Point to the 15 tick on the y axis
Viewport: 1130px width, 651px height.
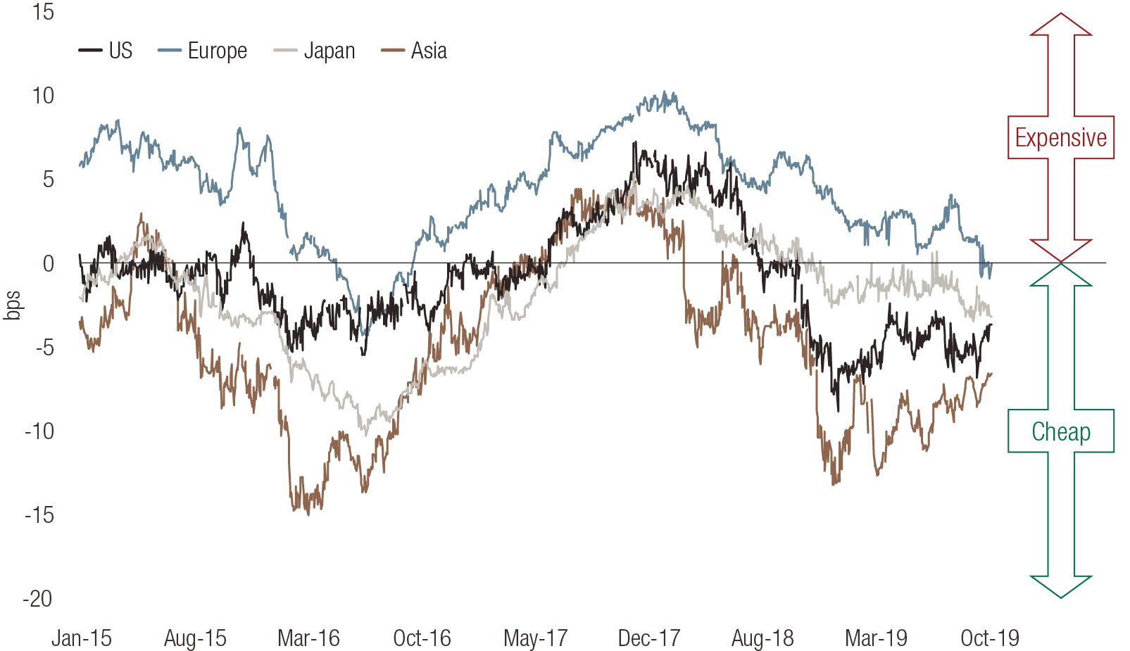point(42,12)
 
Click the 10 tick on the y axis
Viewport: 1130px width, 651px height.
point(42,96)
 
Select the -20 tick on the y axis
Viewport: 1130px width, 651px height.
point(38,599)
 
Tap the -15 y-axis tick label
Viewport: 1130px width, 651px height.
point(38,515)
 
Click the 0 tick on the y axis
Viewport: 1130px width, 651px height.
point(48,263)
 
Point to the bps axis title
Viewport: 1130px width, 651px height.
point(13,305)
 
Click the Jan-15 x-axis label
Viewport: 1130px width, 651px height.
point(82,638)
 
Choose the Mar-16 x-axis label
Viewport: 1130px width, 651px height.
point(308,638)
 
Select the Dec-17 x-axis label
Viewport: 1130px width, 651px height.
point(649,638)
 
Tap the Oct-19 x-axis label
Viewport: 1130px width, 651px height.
point(990,638)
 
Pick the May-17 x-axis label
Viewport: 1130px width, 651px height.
point(536,638)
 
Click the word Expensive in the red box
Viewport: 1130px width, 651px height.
point(1060,138)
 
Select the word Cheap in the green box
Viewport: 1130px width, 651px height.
point(1060,431)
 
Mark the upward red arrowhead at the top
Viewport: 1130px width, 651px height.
point(1061,25)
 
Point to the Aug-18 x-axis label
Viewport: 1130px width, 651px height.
point(762,638)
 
